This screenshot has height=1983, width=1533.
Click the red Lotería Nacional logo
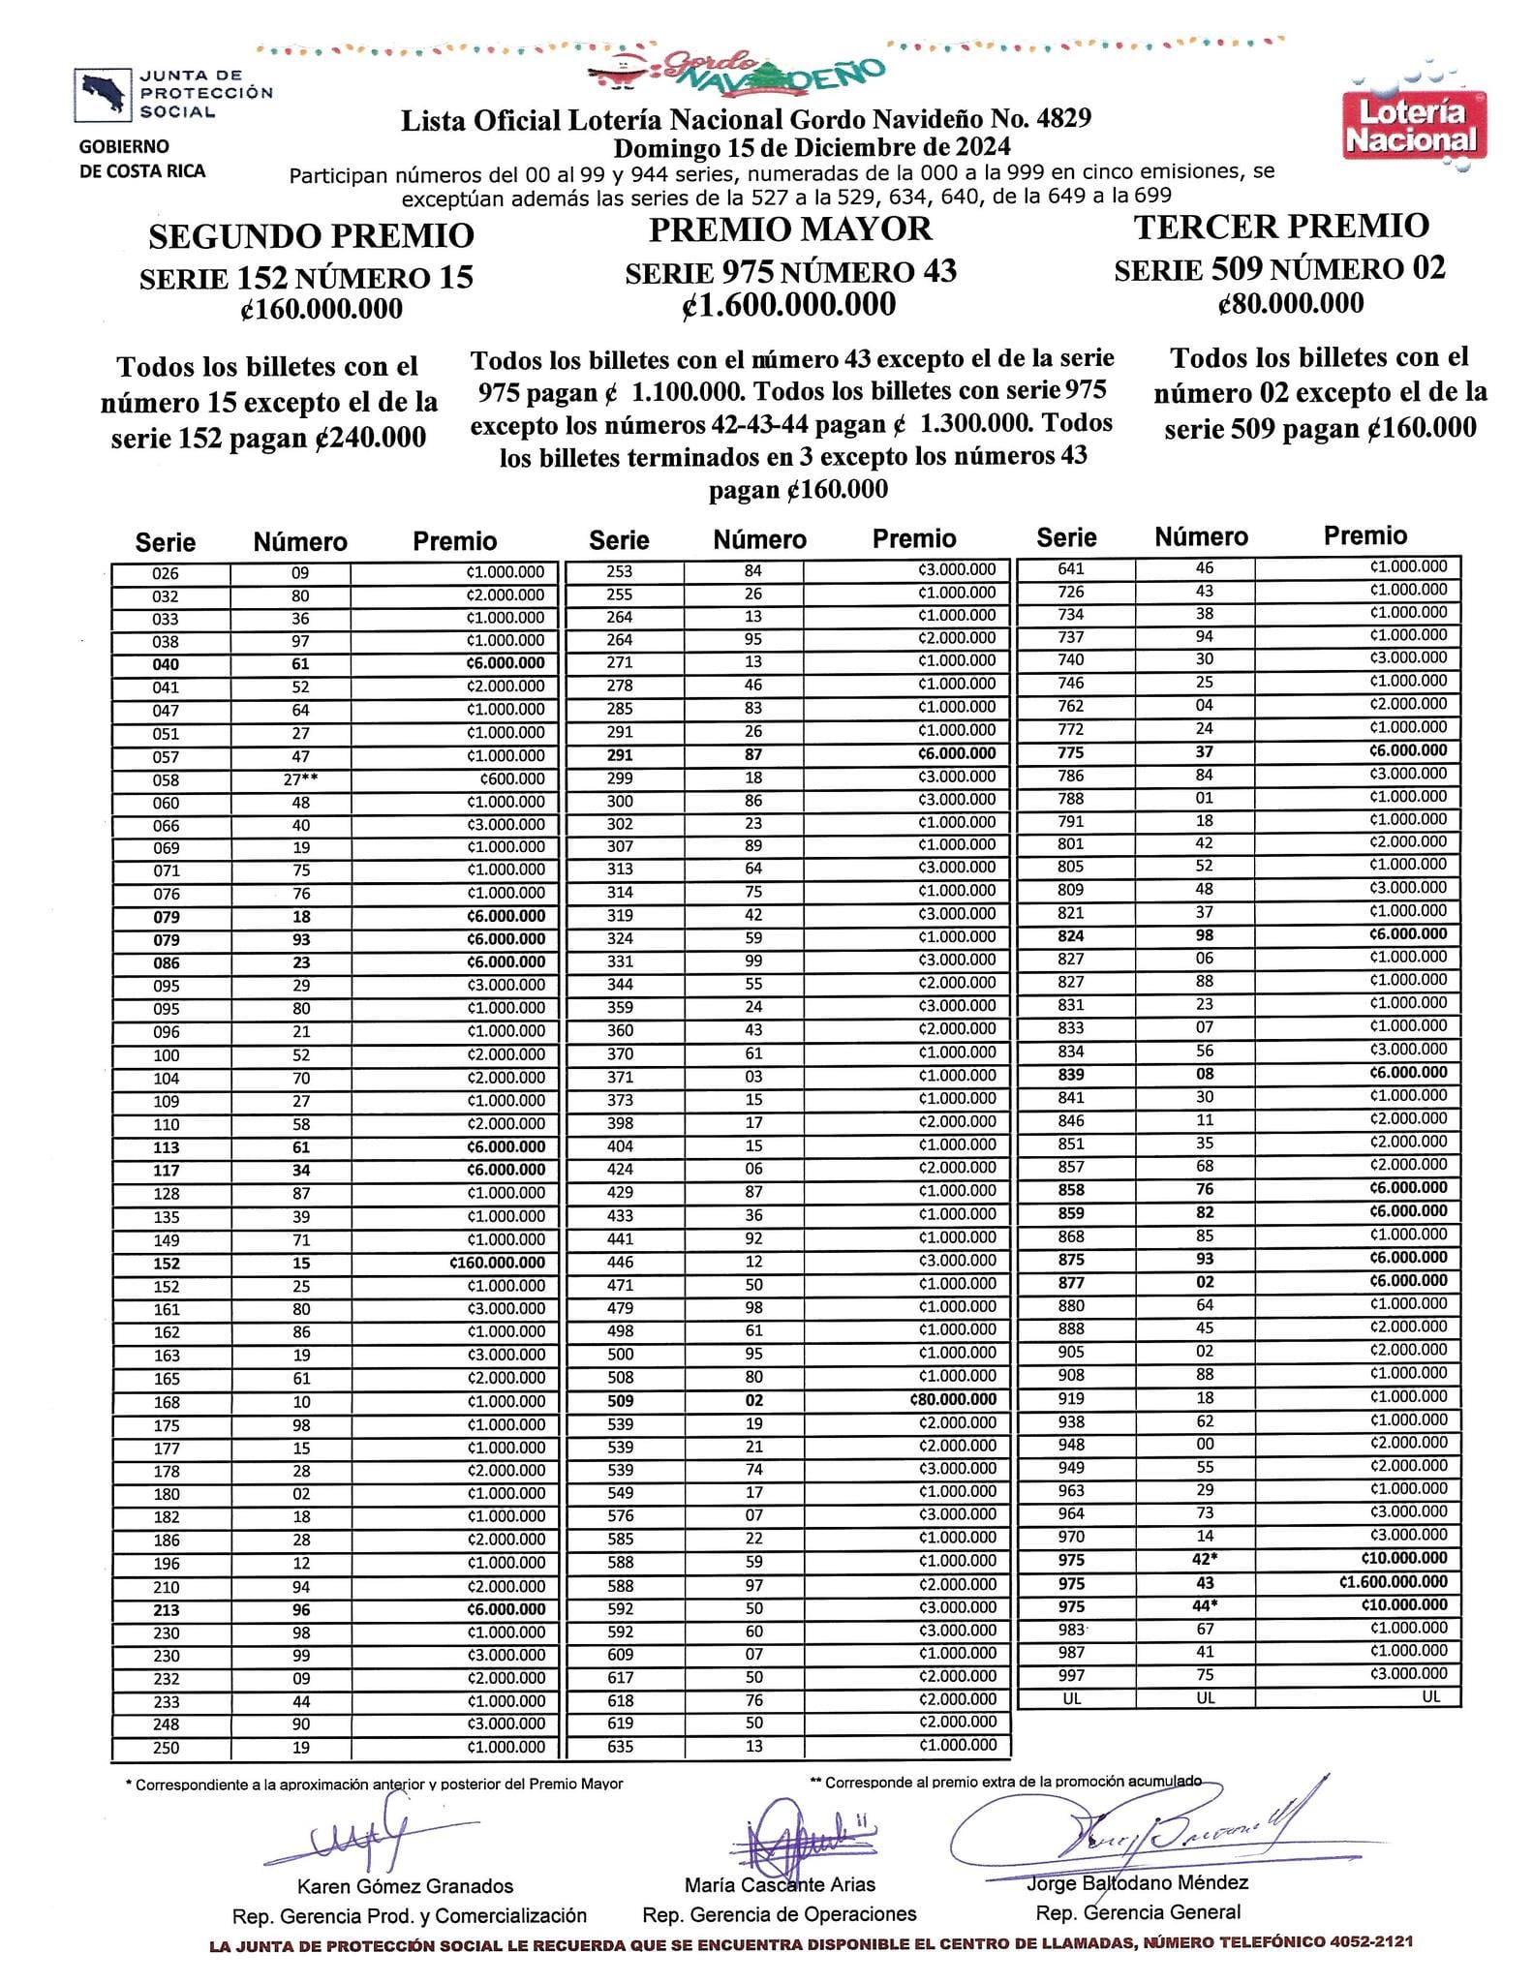tap(1414, 126)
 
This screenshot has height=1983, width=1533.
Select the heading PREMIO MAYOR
tap(790, 229)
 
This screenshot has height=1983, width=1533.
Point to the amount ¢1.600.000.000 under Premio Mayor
tap(790, 305)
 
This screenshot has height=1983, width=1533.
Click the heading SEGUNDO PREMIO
tap(311, 235)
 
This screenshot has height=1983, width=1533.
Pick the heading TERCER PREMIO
tap(1281, 227)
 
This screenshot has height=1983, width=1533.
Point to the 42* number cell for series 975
tap(1203, 1558)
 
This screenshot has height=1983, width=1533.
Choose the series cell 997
tap(1071, 1674)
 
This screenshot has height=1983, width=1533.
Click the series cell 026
tap(166, 573)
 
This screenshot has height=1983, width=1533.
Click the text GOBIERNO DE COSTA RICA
tap(142, 159)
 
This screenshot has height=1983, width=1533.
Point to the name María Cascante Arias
tap(780, 1884)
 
